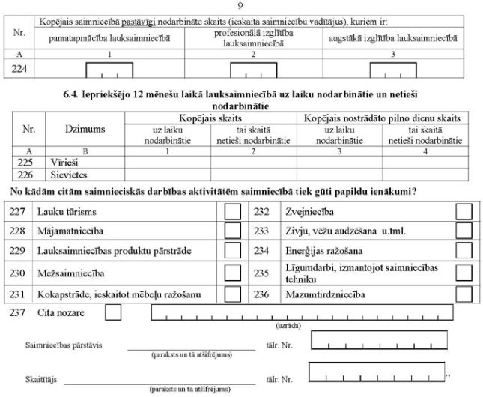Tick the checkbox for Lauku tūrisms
[x=234, y=212]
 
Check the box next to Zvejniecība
[x=464, y=212]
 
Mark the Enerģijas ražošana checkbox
[x=464, y=252]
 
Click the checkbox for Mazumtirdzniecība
[x=464, y=293]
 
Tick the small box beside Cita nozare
[x=114, y=312]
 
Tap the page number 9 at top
[x=240, y=6]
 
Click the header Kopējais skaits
[x=211, y=118]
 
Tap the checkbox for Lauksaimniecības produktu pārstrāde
[x=234, y=252]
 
